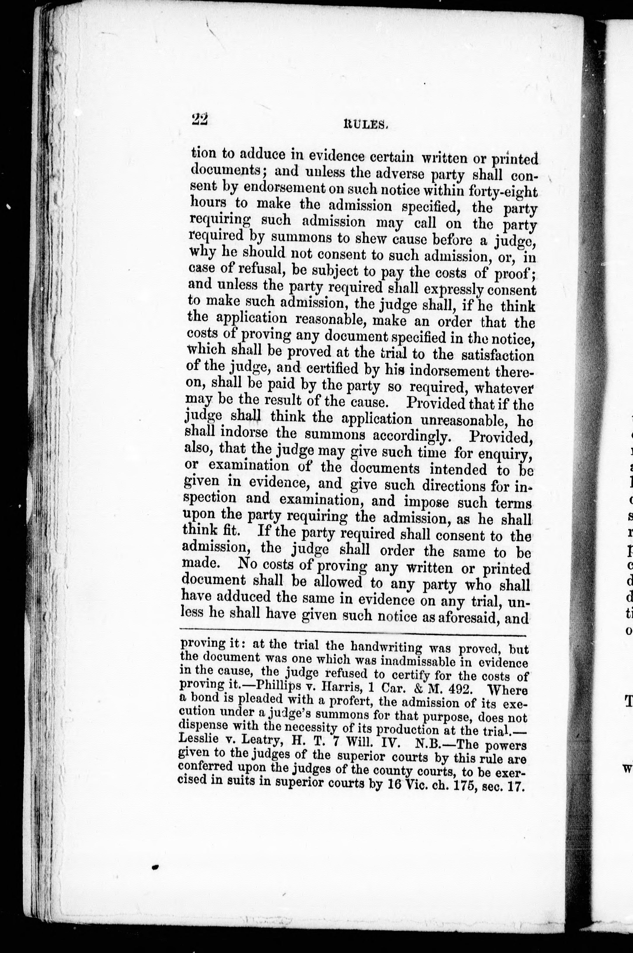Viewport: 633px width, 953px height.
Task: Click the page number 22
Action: pyautogui.click(x=199, y=119)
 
